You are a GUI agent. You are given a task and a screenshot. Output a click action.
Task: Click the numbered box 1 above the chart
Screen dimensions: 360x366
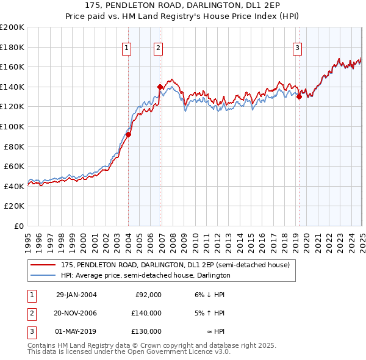pos(126,49)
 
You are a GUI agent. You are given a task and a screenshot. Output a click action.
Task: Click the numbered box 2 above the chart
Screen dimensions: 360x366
pos(158,49)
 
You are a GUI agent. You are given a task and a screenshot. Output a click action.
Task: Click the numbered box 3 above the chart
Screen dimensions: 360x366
pos(297,49)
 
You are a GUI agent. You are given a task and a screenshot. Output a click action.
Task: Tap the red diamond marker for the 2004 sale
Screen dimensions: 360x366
pos(129,134)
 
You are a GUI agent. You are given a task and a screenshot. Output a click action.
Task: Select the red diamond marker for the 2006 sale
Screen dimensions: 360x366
pos(160,87)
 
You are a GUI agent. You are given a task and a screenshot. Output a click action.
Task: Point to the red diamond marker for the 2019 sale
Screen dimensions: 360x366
pos(299,96)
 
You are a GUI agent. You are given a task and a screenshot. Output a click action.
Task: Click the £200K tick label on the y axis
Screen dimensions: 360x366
pos(12,27)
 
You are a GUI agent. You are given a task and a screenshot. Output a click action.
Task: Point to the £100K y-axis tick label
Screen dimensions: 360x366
pos(12,126)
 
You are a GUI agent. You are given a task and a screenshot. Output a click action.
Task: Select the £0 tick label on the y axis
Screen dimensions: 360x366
pos(18,226)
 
